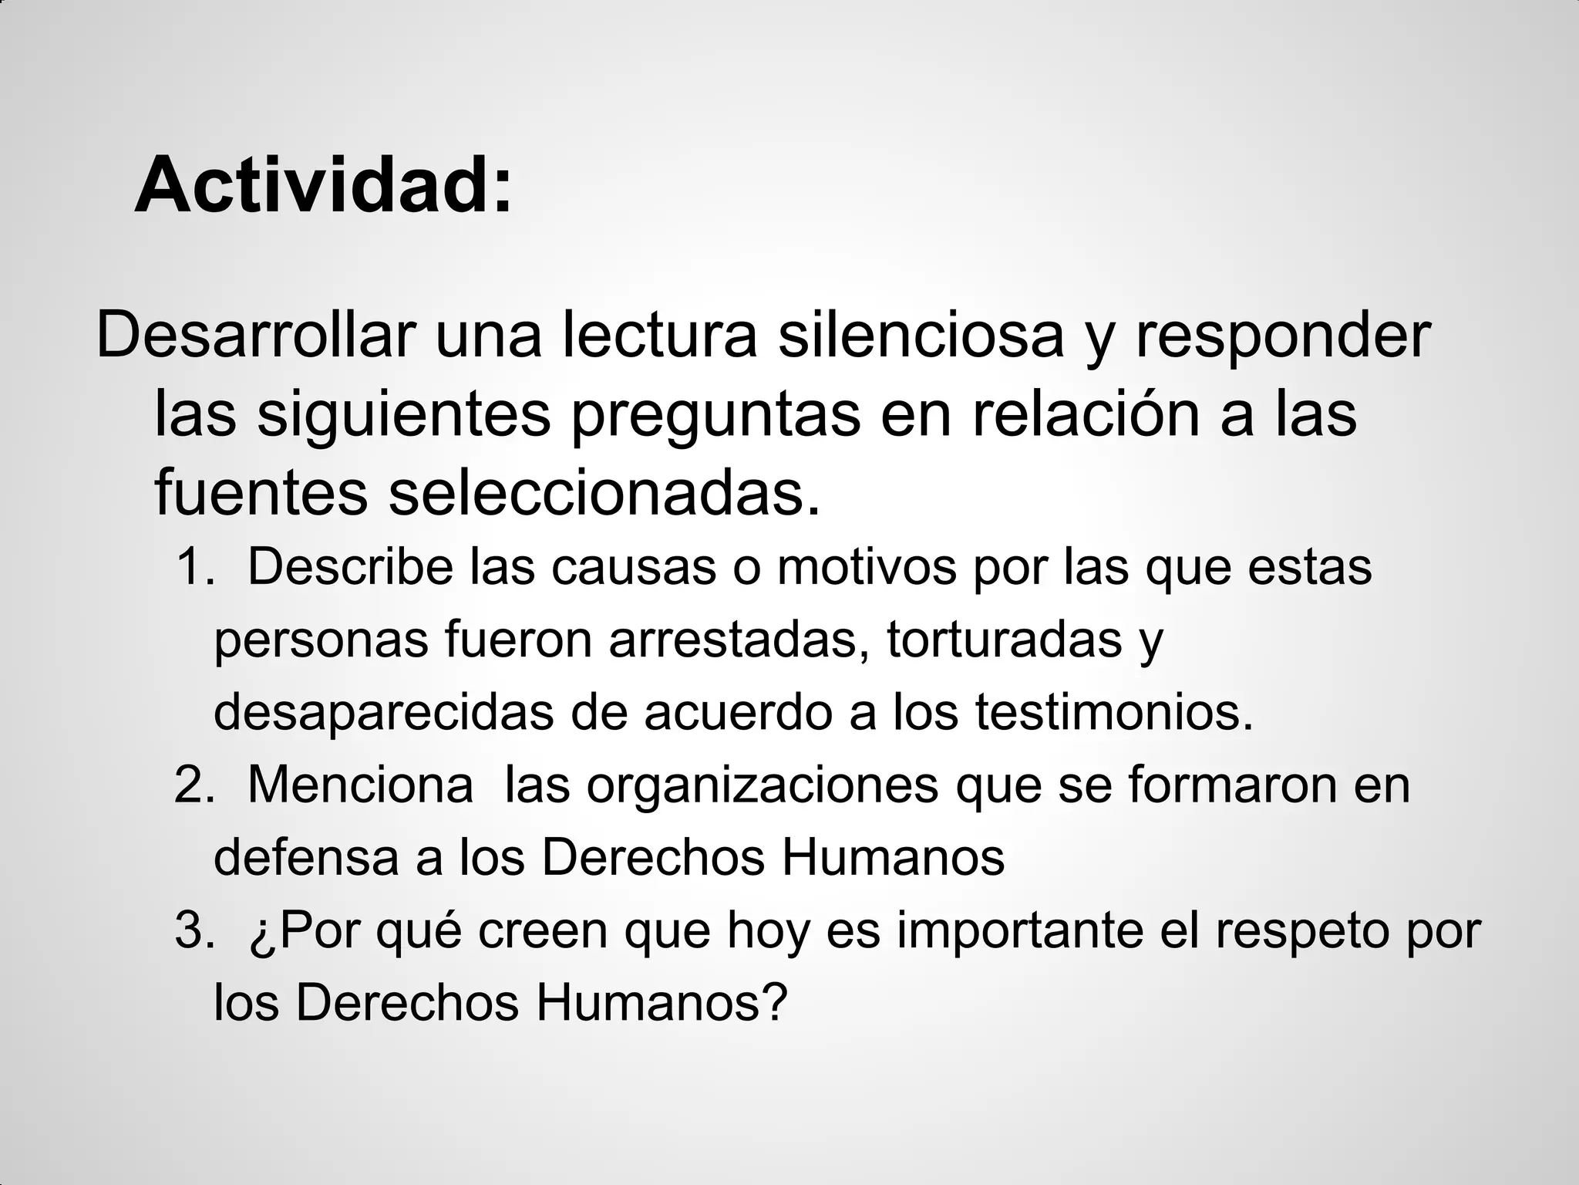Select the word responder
[1282, 338]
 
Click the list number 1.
[193, 567]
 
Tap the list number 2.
[193, 786]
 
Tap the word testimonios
[1113, 713]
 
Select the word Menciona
[361, 786]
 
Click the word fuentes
[261, 494]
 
